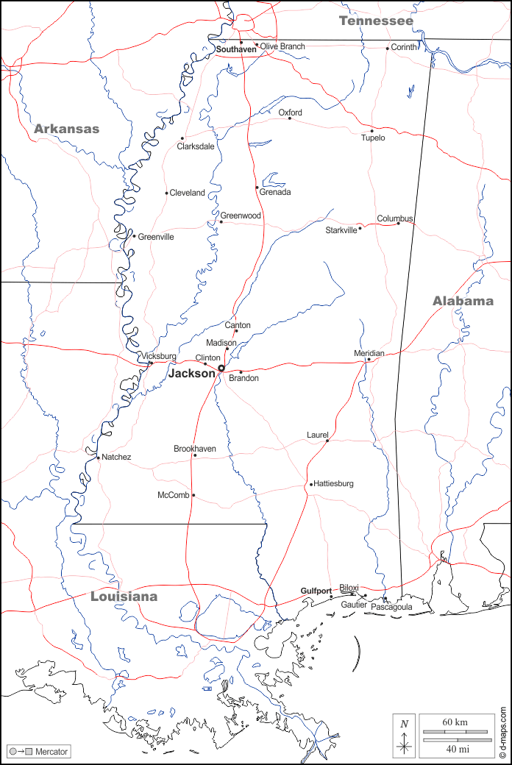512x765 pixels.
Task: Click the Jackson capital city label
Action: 192,374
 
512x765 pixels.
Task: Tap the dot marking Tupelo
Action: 371,131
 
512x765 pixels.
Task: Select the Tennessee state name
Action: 376,21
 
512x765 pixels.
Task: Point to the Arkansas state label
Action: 66,129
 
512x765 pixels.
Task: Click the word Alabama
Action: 463,301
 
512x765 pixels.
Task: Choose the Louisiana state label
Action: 124,597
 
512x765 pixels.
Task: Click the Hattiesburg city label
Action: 334,484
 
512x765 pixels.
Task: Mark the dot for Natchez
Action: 98,457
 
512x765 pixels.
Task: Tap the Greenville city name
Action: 156,237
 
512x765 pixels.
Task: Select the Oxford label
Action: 290,113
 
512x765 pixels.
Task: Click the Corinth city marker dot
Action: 388,49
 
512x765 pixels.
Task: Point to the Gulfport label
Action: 316,591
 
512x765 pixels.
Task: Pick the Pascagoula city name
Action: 391,608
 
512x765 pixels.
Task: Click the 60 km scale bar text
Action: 455,722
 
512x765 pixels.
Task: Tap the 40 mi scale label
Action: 455,749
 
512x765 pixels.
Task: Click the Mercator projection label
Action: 51,752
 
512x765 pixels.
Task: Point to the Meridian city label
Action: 369,354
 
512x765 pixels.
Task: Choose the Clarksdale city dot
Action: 182,138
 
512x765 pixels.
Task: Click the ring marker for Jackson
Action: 221,369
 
